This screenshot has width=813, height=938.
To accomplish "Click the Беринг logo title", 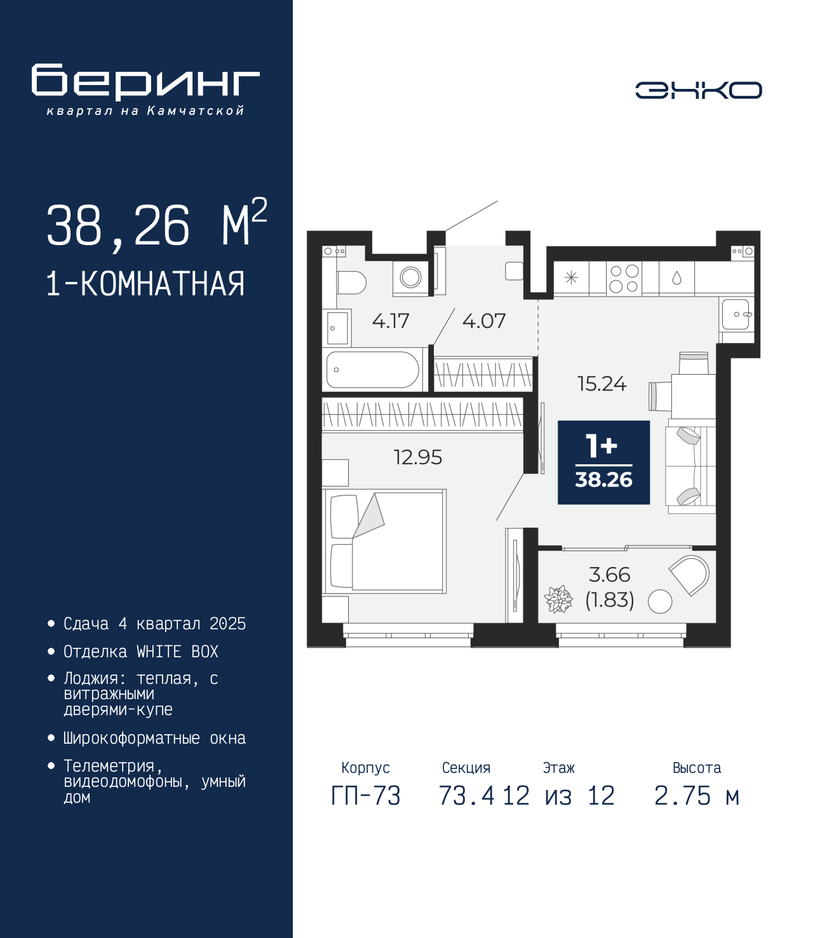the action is [145, 82].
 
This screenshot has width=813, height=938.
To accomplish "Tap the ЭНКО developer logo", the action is [698, 90].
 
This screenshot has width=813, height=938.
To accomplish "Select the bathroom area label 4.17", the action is [391, 321].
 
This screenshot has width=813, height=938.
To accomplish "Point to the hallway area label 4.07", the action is [483, 321].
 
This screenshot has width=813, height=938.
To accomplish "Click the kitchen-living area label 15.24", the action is [602, 384].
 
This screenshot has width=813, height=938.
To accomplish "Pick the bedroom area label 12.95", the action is [418, 457].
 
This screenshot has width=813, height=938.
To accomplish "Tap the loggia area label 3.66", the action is [610, 575].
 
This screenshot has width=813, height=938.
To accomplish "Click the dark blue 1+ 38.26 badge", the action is [604, 462].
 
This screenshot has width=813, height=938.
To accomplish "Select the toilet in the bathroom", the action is [351, 283].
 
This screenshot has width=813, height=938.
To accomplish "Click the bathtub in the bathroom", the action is [373, 370].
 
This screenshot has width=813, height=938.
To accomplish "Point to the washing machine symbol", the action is [411, 278].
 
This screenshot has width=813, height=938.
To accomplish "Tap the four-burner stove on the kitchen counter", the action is [624, 279].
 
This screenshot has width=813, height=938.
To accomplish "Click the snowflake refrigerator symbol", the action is [571, 278].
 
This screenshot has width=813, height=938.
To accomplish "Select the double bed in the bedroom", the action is [384, 541].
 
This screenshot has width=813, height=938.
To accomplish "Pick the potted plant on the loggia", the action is [558, 599].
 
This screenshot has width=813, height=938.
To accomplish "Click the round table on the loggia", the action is [659, 601].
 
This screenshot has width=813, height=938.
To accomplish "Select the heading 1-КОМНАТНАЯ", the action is [145, 284].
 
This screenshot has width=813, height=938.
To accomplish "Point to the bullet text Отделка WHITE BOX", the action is [141, 652].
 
